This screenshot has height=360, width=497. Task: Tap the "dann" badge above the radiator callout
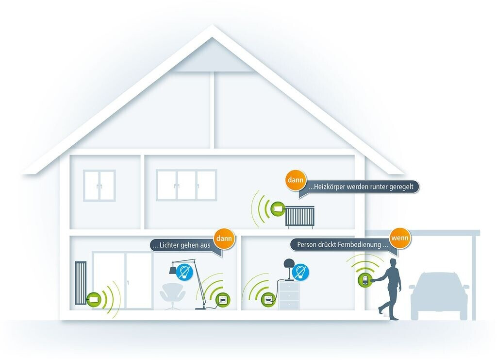296,180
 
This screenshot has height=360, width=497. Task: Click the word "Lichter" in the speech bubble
172,245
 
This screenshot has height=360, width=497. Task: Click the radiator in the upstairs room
300,216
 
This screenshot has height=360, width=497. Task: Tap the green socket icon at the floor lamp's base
223,299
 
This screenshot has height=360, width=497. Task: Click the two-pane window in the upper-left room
99,185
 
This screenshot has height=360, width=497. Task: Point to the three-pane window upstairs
186,185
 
